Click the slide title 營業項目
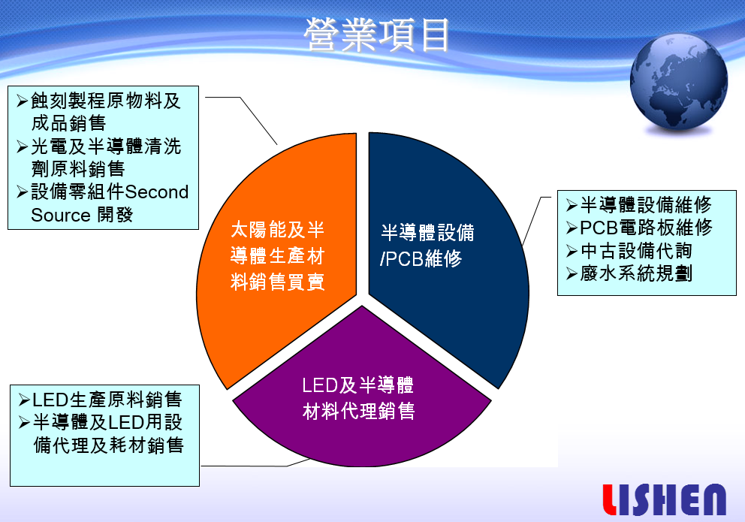tap(377, 35)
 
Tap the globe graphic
tap(678, 82)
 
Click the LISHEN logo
tap(664, 499)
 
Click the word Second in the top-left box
tap(157, 192)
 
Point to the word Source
tap(61, 215)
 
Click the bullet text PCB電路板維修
tap(646, 228)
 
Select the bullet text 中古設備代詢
tap(636, 250)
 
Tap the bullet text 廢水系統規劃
tap(636, 273)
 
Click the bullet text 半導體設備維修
tap(646, 205)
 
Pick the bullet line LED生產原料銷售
tap(107, 400)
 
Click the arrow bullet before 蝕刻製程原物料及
tap(22, 101)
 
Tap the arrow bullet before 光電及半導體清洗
tap(22, 146)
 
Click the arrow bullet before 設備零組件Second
tap(22, 192)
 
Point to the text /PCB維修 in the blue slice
tap(421, 259)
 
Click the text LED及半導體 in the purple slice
tap(357, 385)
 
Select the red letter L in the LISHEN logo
tap(610, 499)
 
